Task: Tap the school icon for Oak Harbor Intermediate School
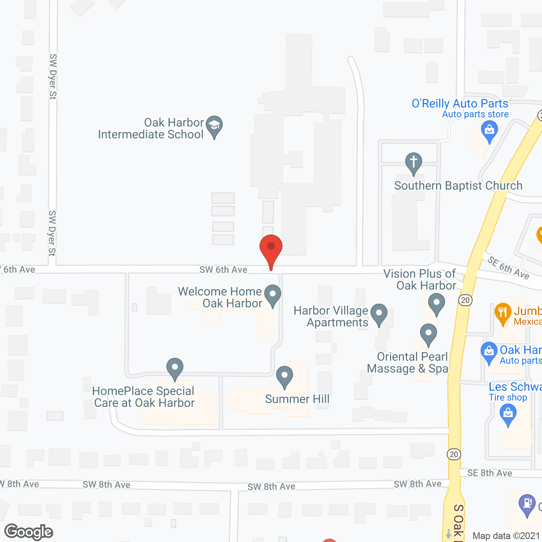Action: click(214, 126)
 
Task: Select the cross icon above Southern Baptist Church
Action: click(413, 163)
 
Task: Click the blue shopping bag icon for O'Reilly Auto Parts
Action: click(489, 131)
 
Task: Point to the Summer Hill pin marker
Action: click(285, 376)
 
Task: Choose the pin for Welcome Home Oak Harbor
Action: click(273, 295)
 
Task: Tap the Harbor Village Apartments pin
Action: click(379, 314)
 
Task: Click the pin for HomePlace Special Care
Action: click(174, 368)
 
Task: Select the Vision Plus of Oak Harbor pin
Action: click(436, 304)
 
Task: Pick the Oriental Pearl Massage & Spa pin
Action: click(429, 334)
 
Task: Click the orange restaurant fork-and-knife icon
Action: click(503, 314)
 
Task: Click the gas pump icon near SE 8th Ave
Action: click(527, 504)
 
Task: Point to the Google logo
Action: click(29, 532)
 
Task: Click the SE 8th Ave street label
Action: click(489, 473)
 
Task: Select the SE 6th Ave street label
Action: click(508, 268)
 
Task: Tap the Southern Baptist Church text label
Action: click(458, 185)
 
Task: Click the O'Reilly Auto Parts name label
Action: click(460, 104)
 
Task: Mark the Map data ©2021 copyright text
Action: click(506, 536)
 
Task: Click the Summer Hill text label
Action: click(297, 399)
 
